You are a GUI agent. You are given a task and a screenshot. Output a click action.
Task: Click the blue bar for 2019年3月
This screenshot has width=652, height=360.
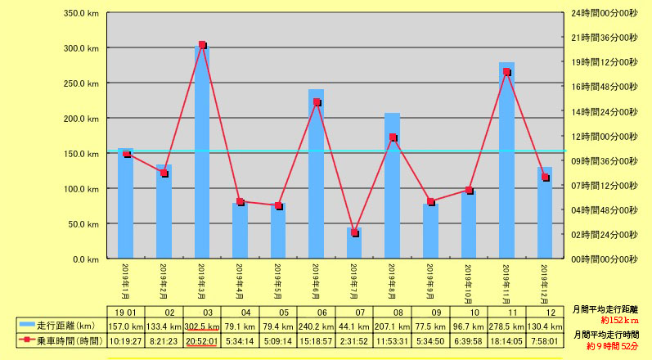coord(202,155)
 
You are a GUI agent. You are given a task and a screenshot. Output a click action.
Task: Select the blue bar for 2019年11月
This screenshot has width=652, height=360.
coord(506,164)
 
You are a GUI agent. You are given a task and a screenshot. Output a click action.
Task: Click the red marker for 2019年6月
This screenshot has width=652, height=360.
coord(317,102)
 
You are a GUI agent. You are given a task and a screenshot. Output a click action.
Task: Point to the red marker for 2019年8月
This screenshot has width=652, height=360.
coord(393,137)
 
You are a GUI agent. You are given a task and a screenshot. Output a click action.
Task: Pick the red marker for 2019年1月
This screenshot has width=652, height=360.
coord(126,154)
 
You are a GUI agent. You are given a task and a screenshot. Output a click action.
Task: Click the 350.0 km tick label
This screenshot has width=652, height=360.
coord(81,14)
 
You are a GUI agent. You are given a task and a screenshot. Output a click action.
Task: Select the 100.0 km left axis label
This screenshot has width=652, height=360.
coord(81,189)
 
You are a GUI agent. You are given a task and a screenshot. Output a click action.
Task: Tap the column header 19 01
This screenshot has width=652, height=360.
coord(126,313)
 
